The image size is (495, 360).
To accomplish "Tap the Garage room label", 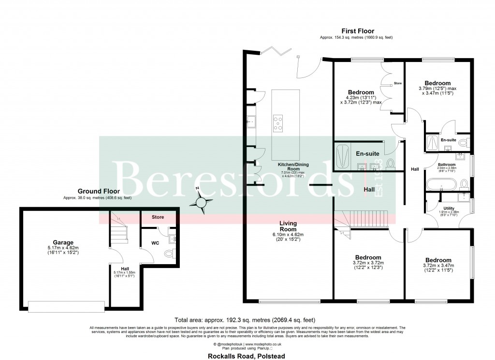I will pos(63,242).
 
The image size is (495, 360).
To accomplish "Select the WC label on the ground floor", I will pos(155,242).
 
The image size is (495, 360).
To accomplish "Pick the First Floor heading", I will pos(357,31).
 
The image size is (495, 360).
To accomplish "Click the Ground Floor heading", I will pos(97,191).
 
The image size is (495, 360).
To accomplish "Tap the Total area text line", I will pos(245,319).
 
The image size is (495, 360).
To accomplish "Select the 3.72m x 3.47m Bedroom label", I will pos(437,264).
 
